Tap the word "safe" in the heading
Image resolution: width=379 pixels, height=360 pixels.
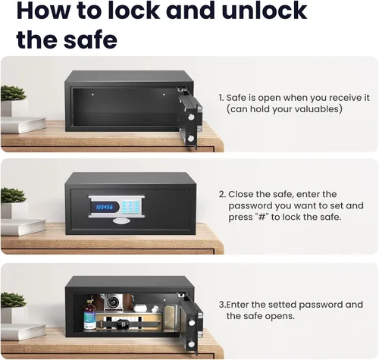(x=90, y=39)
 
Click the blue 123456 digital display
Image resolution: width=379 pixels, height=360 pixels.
(x=105, y=207)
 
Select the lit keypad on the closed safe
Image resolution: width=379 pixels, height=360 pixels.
(x=130, y=207)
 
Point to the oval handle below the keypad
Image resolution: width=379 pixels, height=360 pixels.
(x=121, y=221)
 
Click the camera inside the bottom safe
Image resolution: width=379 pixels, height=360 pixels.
(x=114, y=302)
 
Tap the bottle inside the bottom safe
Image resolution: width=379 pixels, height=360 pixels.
(x=89, y=315)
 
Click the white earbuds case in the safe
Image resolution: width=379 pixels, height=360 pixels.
(x=140, y=308)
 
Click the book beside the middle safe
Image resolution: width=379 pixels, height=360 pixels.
(x=23, y=227)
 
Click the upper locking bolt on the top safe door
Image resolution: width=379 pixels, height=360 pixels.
(x=192, y=117)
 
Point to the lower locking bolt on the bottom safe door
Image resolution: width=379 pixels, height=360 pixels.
(x=192, y=344)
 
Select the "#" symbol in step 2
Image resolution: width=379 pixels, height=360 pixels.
(x=261, y=217)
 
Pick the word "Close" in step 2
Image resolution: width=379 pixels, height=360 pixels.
(x=241, y=194)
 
